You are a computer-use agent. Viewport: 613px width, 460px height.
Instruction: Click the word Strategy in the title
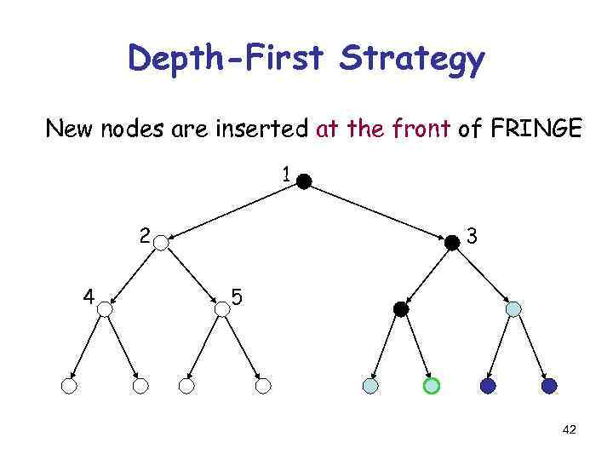tap(411, 60)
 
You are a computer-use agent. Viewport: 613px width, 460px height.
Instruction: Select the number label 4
tap(88, 296)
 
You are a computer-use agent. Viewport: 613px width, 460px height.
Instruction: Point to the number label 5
tap(238, 297)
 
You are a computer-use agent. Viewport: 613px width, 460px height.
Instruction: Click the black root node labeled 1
tap(304, 181)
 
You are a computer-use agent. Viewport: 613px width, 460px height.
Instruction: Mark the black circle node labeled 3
tap(452, 242)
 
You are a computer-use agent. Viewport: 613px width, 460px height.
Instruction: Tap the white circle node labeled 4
tap(105, 309)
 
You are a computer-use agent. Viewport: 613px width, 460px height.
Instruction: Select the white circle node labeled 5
tap(222, 309)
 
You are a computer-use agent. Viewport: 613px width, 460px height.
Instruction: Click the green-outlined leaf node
tap(432, 386)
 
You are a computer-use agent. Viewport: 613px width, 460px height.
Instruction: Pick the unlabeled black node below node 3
tap(401, 309)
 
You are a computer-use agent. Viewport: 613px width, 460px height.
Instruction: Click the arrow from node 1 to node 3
tap(378, 211)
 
